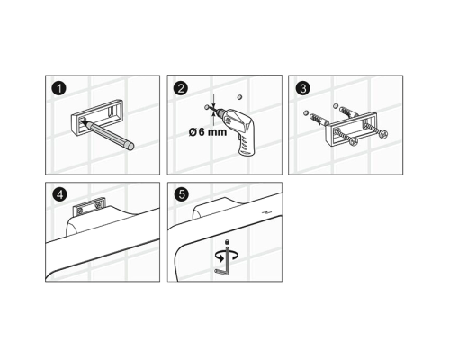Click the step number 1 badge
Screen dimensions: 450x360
59,89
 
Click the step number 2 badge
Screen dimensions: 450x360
181,89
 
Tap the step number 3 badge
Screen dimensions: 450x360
303,89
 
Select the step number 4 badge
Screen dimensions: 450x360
59,194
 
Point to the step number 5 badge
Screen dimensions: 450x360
181,194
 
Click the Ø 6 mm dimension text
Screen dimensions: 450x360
208,131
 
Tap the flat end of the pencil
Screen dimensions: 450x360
130,146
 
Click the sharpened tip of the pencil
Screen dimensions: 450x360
82,121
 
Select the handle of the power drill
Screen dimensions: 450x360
246,145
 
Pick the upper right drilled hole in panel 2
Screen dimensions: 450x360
239,97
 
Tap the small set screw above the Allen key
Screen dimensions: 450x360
227,241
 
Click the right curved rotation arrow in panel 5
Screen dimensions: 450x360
235,256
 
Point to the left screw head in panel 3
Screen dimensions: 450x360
355,141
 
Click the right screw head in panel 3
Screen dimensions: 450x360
382,134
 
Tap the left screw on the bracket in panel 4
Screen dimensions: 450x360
80,211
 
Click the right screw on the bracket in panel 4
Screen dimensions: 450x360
98,206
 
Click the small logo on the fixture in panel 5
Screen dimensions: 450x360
265,212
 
